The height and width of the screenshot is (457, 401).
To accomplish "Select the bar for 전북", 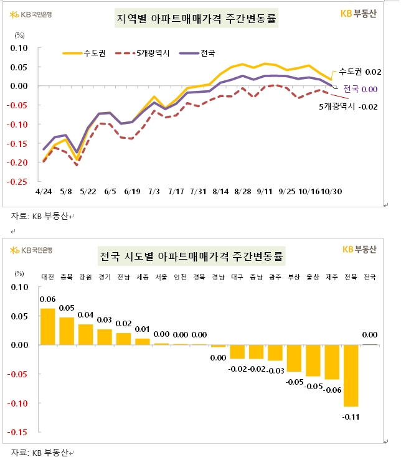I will (x=351, y=375).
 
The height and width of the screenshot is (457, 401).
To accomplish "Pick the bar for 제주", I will (x=332, y=362).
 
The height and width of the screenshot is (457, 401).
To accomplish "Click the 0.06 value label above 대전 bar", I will (x=48, y=299).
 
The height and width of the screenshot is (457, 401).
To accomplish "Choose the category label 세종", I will (x=141, y=277).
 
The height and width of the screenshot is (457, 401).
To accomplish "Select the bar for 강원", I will (x=85, y=334).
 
